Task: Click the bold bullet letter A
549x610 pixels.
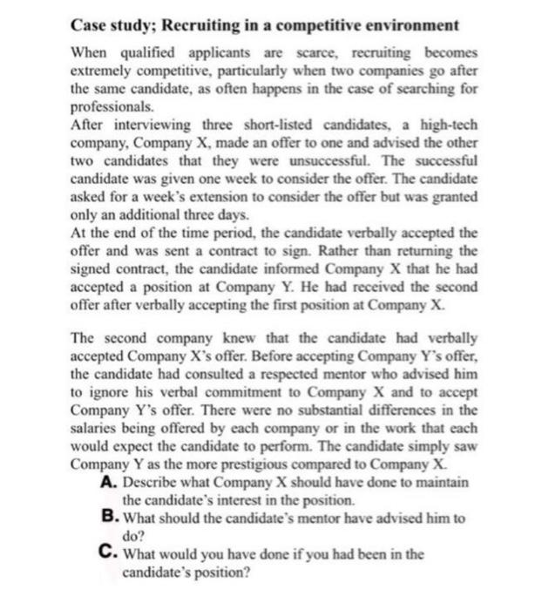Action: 108,482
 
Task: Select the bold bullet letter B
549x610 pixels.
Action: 108,518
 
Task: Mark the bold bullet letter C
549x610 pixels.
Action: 108,553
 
